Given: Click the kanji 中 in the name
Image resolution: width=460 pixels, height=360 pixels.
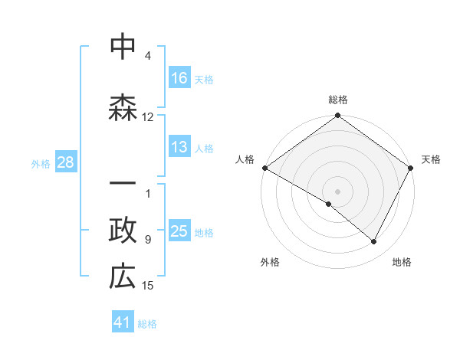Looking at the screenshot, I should tap(123, 47).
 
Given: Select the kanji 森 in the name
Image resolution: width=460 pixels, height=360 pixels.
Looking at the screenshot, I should tap(123, 107).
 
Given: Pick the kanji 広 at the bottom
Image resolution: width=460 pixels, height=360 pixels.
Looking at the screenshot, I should tap(123, 277).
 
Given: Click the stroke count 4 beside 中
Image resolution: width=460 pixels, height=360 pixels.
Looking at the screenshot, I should tap(148, 56).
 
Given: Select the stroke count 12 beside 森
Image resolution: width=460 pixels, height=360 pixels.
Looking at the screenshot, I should tap(148, 117).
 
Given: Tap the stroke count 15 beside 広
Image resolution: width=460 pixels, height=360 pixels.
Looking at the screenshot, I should tap(148, 286).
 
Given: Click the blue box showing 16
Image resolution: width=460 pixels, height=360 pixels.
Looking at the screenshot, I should tap(179, 77).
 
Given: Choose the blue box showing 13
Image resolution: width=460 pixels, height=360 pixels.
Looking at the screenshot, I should tap(179, 148).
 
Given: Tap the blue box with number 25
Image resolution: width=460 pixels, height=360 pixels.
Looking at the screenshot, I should tap(179, 231).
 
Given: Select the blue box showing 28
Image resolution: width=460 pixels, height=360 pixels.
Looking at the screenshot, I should tap(65, 162).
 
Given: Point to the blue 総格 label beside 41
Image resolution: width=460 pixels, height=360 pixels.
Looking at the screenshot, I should tap(147, 324).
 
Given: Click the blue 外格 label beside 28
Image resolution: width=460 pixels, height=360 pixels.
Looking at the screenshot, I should tap(41, 163).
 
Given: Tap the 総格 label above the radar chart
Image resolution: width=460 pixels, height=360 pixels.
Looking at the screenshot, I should tap(337, 100).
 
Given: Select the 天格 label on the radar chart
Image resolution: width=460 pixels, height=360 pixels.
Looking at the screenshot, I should tap(431, 159).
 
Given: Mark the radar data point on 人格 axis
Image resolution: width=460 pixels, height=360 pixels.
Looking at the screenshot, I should tap(264, 168).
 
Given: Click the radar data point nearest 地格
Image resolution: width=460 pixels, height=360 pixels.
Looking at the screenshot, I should tap(374, 242).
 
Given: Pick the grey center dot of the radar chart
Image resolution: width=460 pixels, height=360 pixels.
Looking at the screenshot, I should tap(337, 191).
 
